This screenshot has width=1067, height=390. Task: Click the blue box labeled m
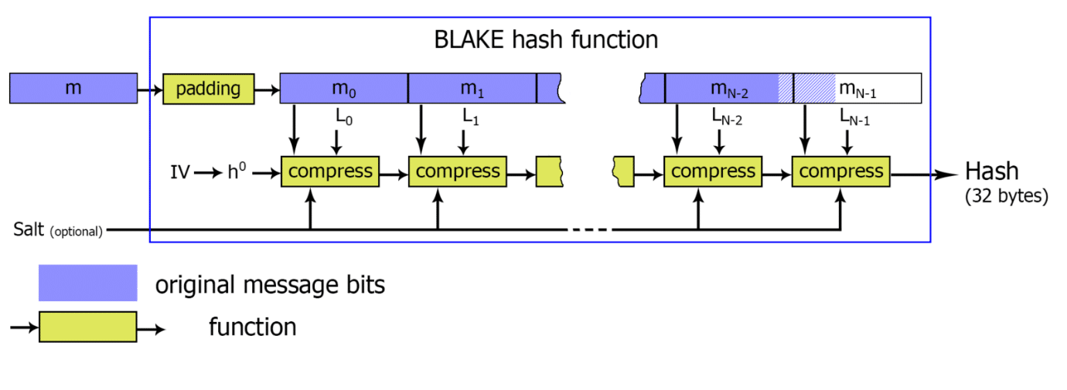[x=73, y=88]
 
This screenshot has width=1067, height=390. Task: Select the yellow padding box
[x=208, y=88]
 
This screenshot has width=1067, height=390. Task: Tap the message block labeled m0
[x=343, y=88]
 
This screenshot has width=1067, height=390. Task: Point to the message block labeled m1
[x=472, y=88]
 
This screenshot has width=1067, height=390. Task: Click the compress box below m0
[x=329, y=171]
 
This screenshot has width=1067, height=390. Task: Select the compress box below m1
[x=458, y=171]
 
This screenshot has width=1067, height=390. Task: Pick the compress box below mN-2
[x=713, y=171]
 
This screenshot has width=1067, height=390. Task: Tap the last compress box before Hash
[x=840, y=171]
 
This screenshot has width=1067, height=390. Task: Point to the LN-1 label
[x=854, y=117]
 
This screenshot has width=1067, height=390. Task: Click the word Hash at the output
[x=992, y=171]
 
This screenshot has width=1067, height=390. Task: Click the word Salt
[x=29, y=229]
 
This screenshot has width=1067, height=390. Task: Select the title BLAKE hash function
[x=546, y=39]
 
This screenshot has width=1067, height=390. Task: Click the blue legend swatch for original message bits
[x=87, y=283]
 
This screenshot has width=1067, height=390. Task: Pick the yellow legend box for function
[x=87, y=327]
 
